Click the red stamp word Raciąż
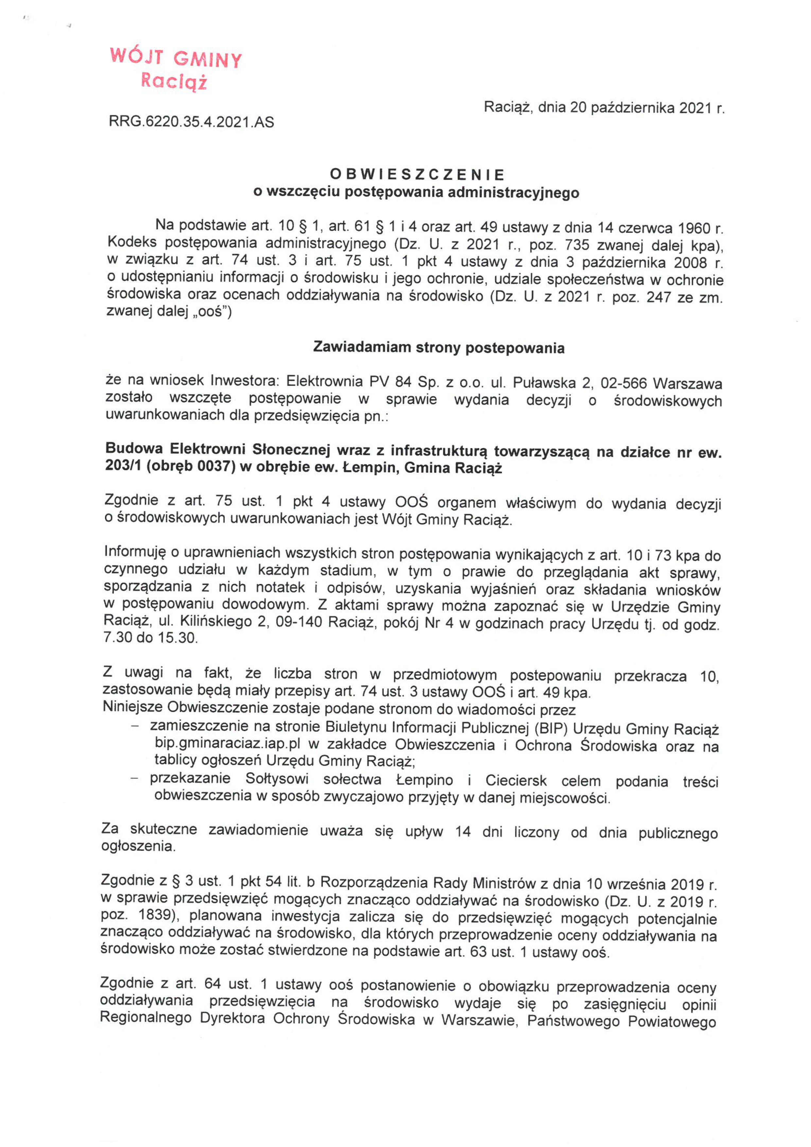173,81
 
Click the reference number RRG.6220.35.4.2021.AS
191,121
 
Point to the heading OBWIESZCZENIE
417,174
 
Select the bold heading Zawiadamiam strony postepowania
438,348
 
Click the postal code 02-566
624,384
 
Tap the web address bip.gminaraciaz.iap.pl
227,744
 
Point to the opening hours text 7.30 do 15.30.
150,638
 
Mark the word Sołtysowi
277,779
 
